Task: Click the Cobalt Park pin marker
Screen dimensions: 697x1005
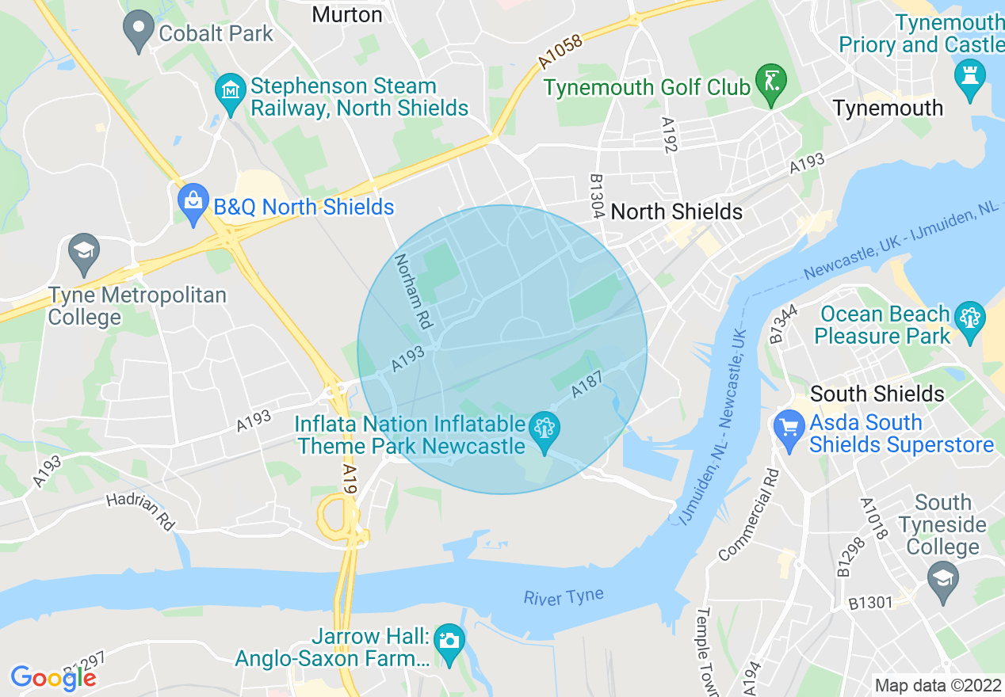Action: (x=139, y=30)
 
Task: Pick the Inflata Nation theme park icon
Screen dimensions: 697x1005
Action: (x=545, y=432)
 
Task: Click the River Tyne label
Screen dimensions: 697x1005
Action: (x=563, y=596)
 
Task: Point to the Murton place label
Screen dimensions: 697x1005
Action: (x=347, y=14)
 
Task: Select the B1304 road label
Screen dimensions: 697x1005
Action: (x=598, y=196)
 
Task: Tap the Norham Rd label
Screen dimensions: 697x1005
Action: (x=413, y=291)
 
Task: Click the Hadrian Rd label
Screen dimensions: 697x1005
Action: (x=141, y=511)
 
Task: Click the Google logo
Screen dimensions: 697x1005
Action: (x=53, y=677)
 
